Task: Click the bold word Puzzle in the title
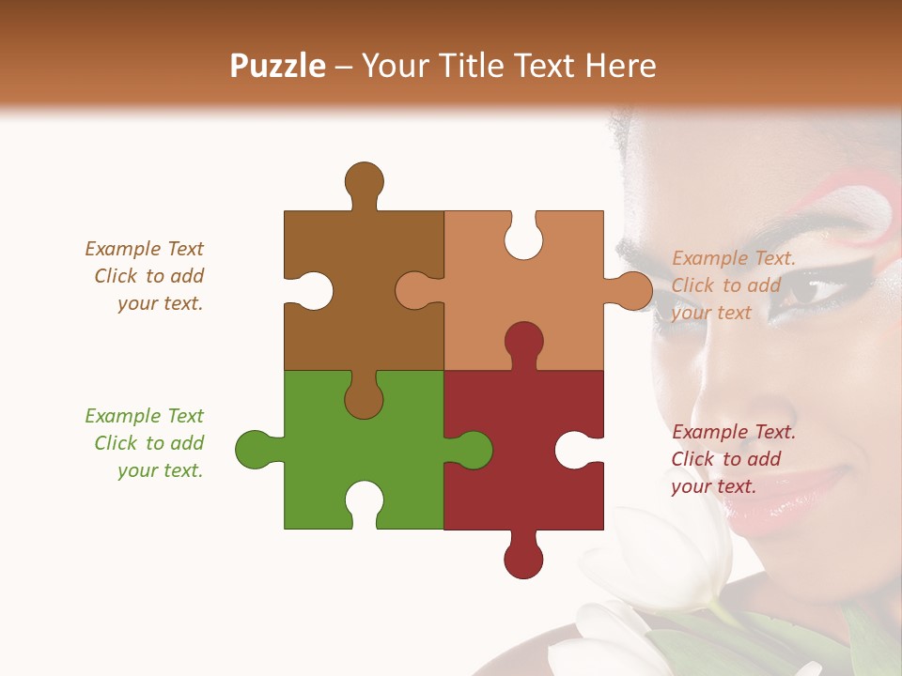coord(278,67)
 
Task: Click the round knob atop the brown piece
coord(364,180)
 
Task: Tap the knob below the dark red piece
coord(523,560)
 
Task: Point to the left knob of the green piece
coord(254,450)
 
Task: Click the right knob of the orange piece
coord(632,291)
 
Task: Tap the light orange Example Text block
coord(733,285)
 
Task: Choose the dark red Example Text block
coord(733,459)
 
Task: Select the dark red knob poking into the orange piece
coord(523,342)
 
